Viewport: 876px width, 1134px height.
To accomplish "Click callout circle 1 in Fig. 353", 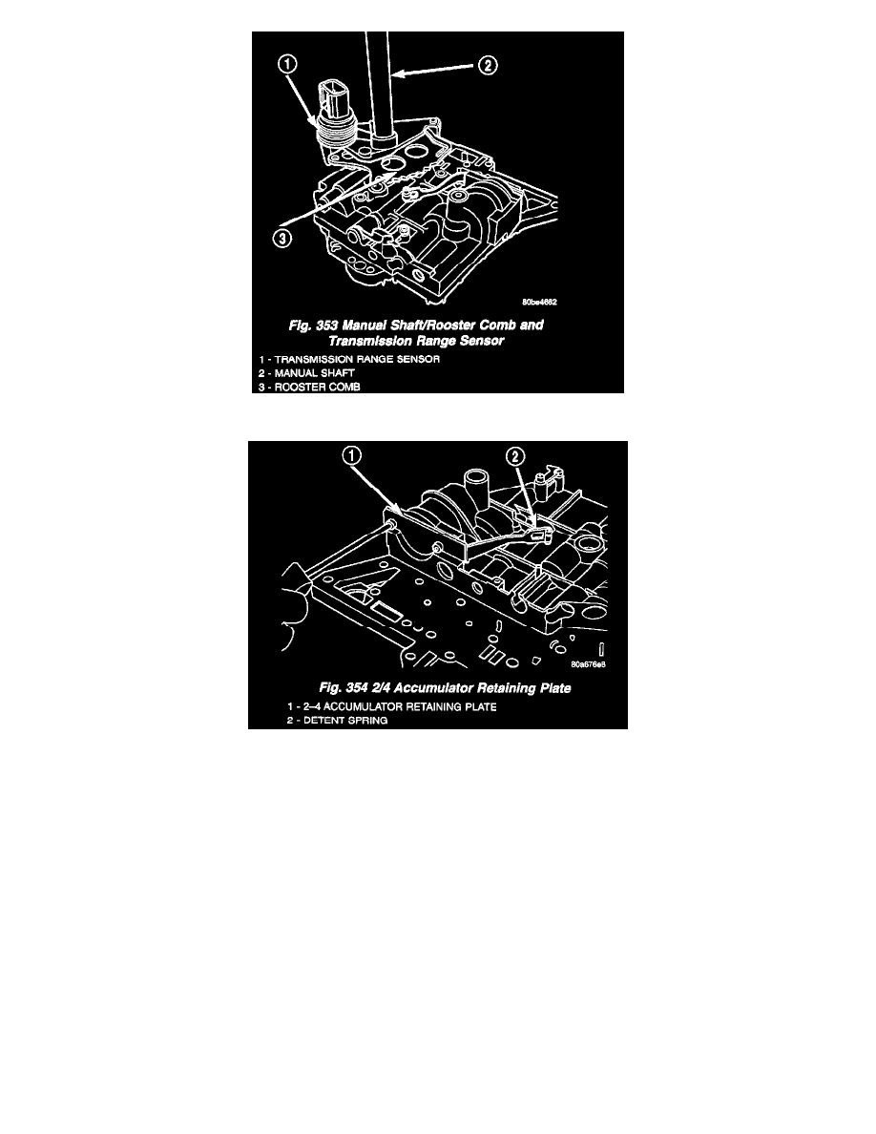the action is (287, 64).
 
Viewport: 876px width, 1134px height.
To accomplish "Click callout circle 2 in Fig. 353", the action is (488, 66).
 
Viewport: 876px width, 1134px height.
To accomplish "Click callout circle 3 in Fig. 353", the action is (282, 238).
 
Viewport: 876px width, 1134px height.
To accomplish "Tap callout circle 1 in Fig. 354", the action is (352, 455).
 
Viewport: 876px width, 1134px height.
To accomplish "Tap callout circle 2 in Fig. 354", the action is (514, 455).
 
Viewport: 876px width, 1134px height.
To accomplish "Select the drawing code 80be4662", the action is (539, 303).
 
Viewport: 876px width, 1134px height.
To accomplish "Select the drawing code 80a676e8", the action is (588, 664).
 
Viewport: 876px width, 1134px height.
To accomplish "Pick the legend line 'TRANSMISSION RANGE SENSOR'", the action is (349, 360).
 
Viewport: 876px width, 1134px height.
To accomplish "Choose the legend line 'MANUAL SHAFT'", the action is (306, 373).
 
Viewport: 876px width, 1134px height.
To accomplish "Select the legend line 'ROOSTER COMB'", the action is (309, 387).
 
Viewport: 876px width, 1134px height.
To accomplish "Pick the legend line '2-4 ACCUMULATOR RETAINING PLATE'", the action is (392, 706).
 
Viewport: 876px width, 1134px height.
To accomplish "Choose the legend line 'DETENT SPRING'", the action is (337, 721).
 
